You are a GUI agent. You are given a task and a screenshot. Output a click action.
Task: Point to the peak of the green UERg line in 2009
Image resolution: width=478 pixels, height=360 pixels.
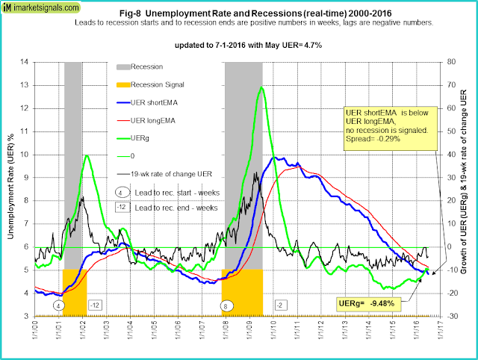[261, 87]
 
